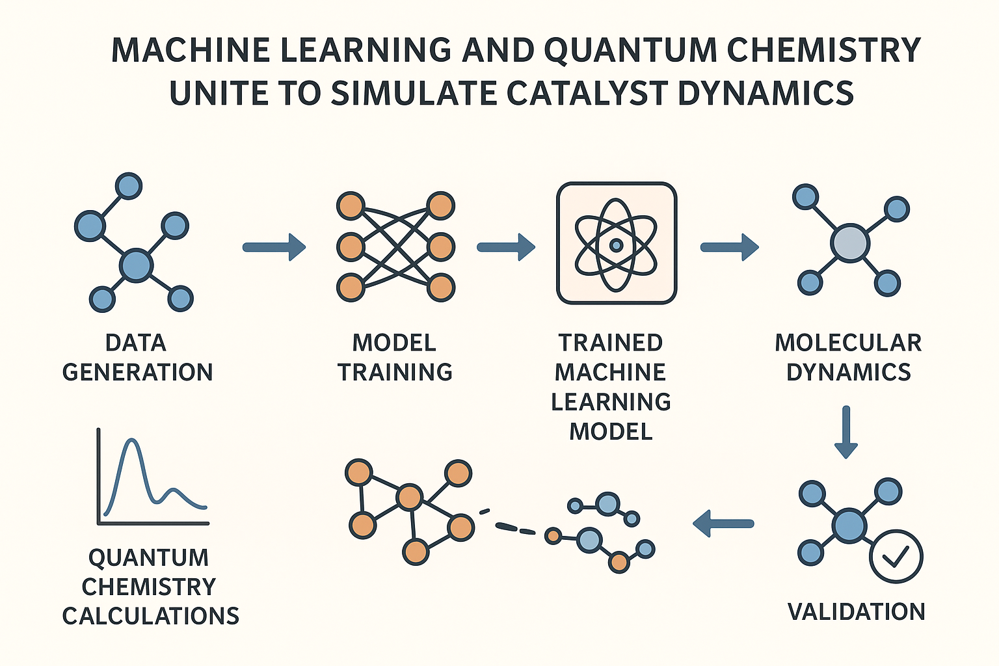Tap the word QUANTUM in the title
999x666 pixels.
(629, 50)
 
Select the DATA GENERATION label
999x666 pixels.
(137, 357)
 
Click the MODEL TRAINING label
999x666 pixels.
(395, 357)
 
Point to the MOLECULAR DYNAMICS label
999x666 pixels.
(848, 357)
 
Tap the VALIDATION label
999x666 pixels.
(856, 611)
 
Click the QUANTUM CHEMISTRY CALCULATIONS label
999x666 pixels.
(150, 586)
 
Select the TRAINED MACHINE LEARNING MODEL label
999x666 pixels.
(611, 386)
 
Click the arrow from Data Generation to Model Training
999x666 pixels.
(274, 247)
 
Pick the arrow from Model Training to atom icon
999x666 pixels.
(505, 247)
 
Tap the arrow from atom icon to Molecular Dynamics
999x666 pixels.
(729, 247)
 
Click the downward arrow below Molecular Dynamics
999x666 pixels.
(846, 432)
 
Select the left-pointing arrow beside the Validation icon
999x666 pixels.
(723, 523)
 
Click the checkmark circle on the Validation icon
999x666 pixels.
(896, 556)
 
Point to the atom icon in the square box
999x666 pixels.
(616, 244)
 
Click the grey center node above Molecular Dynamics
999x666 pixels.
(850, 243)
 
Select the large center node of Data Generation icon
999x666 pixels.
(137, 265)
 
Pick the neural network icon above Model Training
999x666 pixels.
(395, 246)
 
